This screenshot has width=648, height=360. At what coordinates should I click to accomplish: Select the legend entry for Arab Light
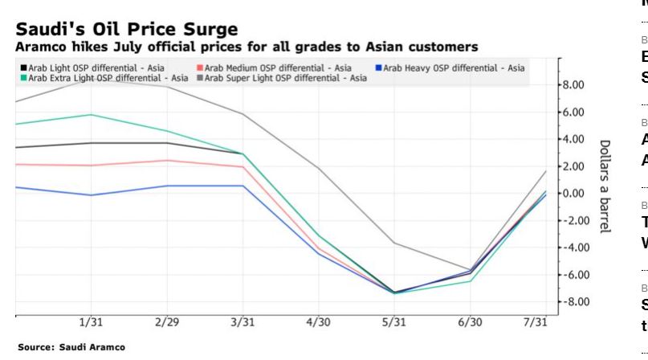click(96, 68)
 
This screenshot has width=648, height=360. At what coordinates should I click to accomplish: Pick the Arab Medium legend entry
click(274, 68)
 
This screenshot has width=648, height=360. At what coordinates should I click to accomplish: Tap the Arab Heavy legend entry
click(455, 68)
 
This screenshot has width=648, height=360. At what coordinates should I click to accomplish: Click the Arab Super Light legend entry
click(284, 78)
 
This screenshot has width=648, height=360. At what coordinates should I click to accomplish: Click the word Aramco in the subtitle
click(38, 47)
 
